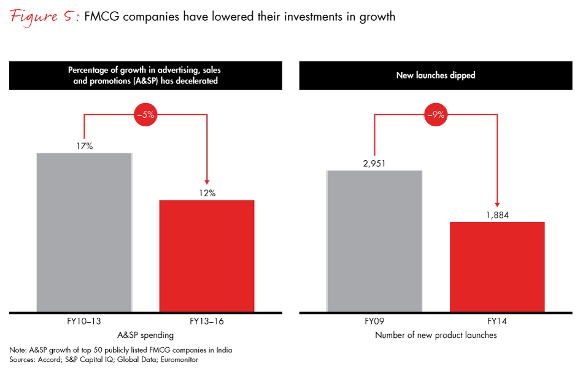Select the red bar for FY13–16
click(207, 256)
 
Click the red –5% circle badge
click(145, 114)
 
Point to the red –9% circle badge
click(436, 114)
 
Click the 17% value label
click(85, 146)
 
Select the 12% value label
click(207, 193)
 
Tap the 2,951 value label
click(374, 163)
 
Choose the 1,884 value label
click(497, 215)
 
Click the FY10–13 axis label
click(84, 322)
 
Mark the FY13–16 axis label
click(207, 322)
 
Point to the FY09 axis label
click(374, 322)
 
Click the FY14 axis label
click(497, 322)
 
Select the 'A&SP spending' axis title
click(145, 336)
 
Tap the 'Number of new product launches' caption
click(436, 336)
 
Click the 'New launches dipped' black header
click(436, 75)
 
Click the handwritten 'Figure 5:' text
click(44, 17)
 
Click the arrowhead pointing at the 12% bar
click(207, 181)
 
